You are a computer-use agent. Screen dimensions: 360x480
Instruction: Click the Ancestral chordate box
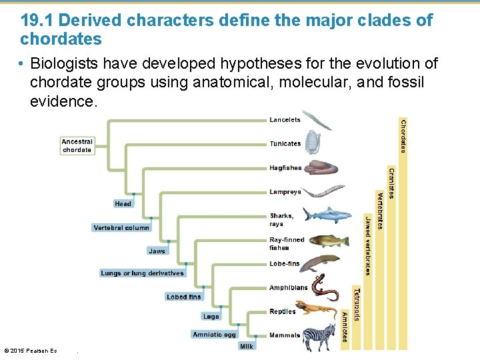coord(77,146)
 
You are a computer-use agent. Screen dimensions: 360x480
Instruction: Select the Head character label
coord(123,204)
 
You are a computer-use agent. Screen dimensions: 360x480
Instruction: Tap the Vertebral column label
coord(121,228)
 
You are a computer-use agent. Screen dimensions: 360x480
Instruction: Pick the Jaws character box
coord(157,251)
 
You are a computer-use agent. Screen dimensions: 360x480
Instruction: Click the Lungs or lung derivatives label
coord(142,273)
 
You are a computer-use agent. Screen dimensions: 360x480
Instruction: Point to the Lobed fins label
coord(184,297)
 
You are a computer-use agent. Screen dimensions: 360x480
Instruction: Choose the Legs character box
coord(211,317)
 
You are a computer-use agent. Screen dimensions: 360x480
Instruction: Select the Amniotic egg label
coord(214,335)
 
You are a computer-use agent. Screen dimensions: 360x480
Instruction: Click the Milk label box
coord(247,347)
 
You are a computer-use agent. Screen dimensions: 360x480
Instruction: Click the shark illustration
coord(325,215)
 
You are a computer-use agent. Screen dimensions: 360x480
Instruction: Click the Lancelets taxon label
coord(285,120)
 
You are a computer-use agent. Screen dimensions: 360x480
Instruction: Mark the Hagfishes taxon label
coord(285,168)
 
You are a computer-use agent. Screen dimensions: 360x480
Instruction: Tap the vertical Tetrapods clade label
coord(357,304)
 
